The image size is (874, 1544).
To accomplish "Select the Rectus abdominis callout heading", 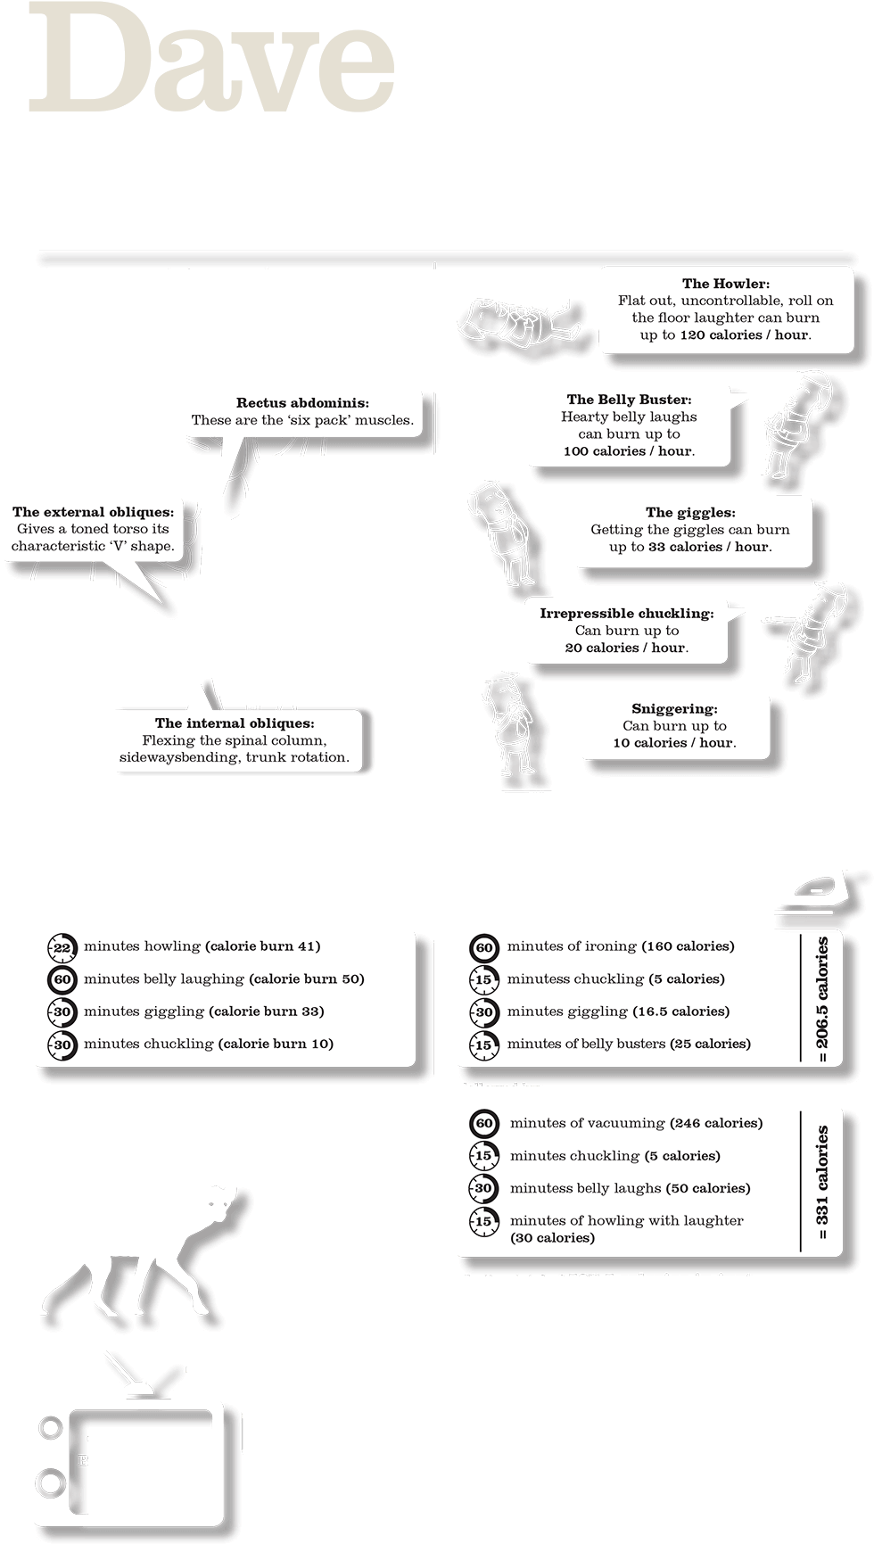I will (x=302, y=403).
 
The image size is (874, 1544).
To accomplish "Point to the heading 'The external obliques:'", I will (x=92, y=512).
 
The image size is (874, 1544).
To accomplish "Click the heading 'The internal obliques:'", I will (x=235, y=723).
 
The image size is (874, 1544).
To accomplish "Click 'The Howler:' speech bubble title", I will (x=725, y=284).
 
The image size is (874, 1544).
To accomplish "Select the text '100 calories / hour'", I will (x=629, y=451).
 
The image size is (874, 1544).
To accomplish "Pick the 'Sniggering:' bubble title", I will (x=674, y=709).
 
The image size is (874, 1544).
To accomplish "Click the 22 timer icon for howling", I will (x=62, y=947).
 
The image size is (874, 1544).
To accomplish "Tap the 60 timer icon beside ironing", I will (x=484, y=947).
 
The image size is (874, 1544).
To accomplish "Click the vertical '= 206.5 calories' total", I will (x=822, y=999).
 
